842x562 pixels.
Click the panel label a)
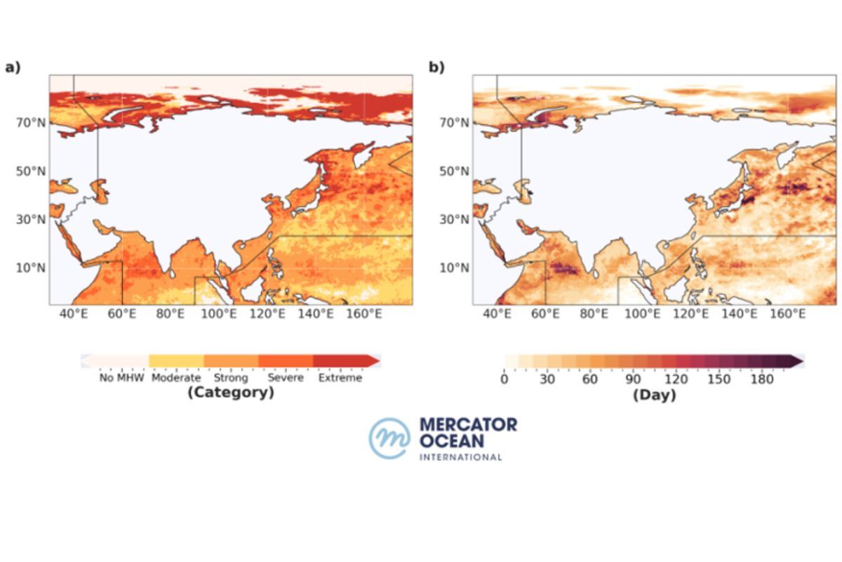tap(13, 67)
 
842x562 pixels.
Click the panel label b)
tap(436, 67)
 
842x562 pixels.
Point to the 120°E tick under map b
tap(690, 314)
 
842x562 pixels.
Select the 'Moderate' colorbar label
tap(176, 378)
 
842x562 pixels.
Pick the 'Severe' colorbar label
tap(286, 378)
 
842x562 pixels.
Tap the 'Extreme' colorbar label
tap(340, 378)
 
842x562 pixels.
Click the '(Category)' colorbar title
tap(230, 393)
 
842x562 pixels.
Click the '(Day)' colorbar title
tap(654, 396)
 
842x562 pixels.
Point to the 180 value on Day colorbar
tap(762, 379)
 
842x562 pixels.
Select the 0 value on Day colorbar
tap(504, 379)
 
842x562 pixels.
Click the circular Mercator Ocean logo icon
tap(389, 438)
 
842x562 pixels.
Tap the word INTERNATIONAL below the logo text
tap(460, 457)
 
